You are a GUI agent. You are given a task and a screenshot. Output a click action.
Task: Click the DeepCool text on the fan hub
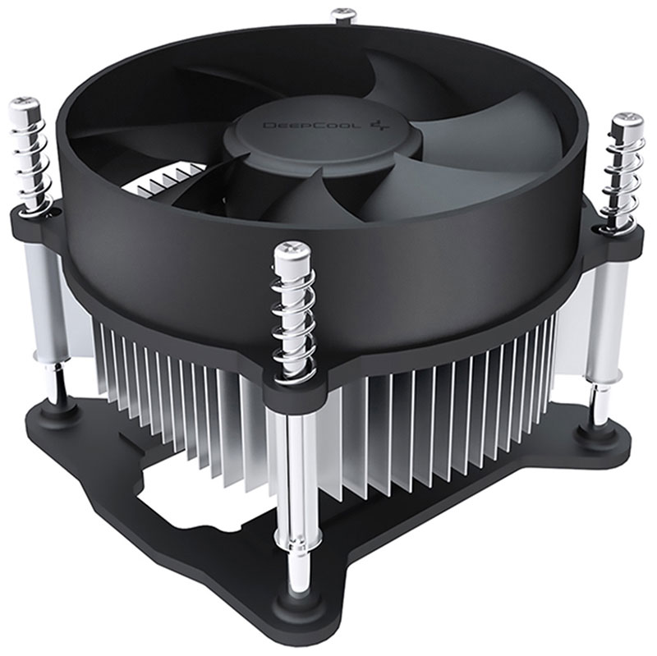coord(292,126)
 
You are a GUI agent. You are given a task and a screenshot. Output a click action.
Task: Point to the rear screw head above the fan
coord(343,14)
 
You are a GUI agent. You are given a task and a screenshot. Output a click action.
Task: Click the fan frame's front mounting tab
coord(296,386)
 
